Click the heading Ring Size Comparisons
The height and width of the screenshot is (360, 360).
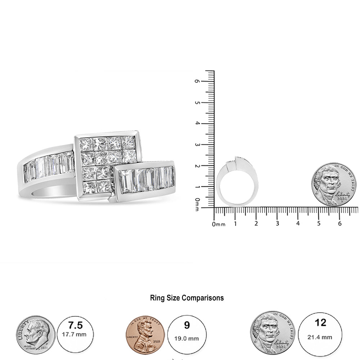coord(186,298)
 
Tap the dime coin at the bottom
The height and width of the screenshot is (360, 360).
coord(35,335)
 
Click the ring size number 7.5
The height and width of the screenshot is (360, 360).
coord(75,325)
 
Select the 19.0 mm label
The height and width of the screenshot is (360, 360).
coord(187,338)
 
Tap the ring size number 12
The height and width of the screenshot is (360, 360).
coord(320,323)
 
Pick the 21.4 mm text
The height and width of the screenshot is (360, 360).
coord(320,337)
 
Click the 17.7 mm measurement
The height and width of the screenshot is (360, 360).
coord(75,335)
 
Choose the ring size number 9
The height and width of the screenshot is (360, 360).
coord(187,325)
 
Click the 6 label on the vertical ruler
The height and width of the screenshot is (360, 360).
coord(197,81)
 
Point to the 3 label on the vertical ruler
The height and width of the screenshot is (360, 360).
coord(197,145)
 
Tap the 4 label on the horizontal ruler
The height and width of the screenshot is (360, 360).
coord(298,224)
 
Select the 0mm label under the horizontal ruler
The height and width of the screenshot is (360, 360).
coord(218,224)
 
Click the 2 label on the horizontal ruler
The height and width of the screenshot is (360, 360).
coord(256,224)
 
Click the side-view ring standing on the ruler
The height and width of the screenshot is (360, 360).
coord(238,182)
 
